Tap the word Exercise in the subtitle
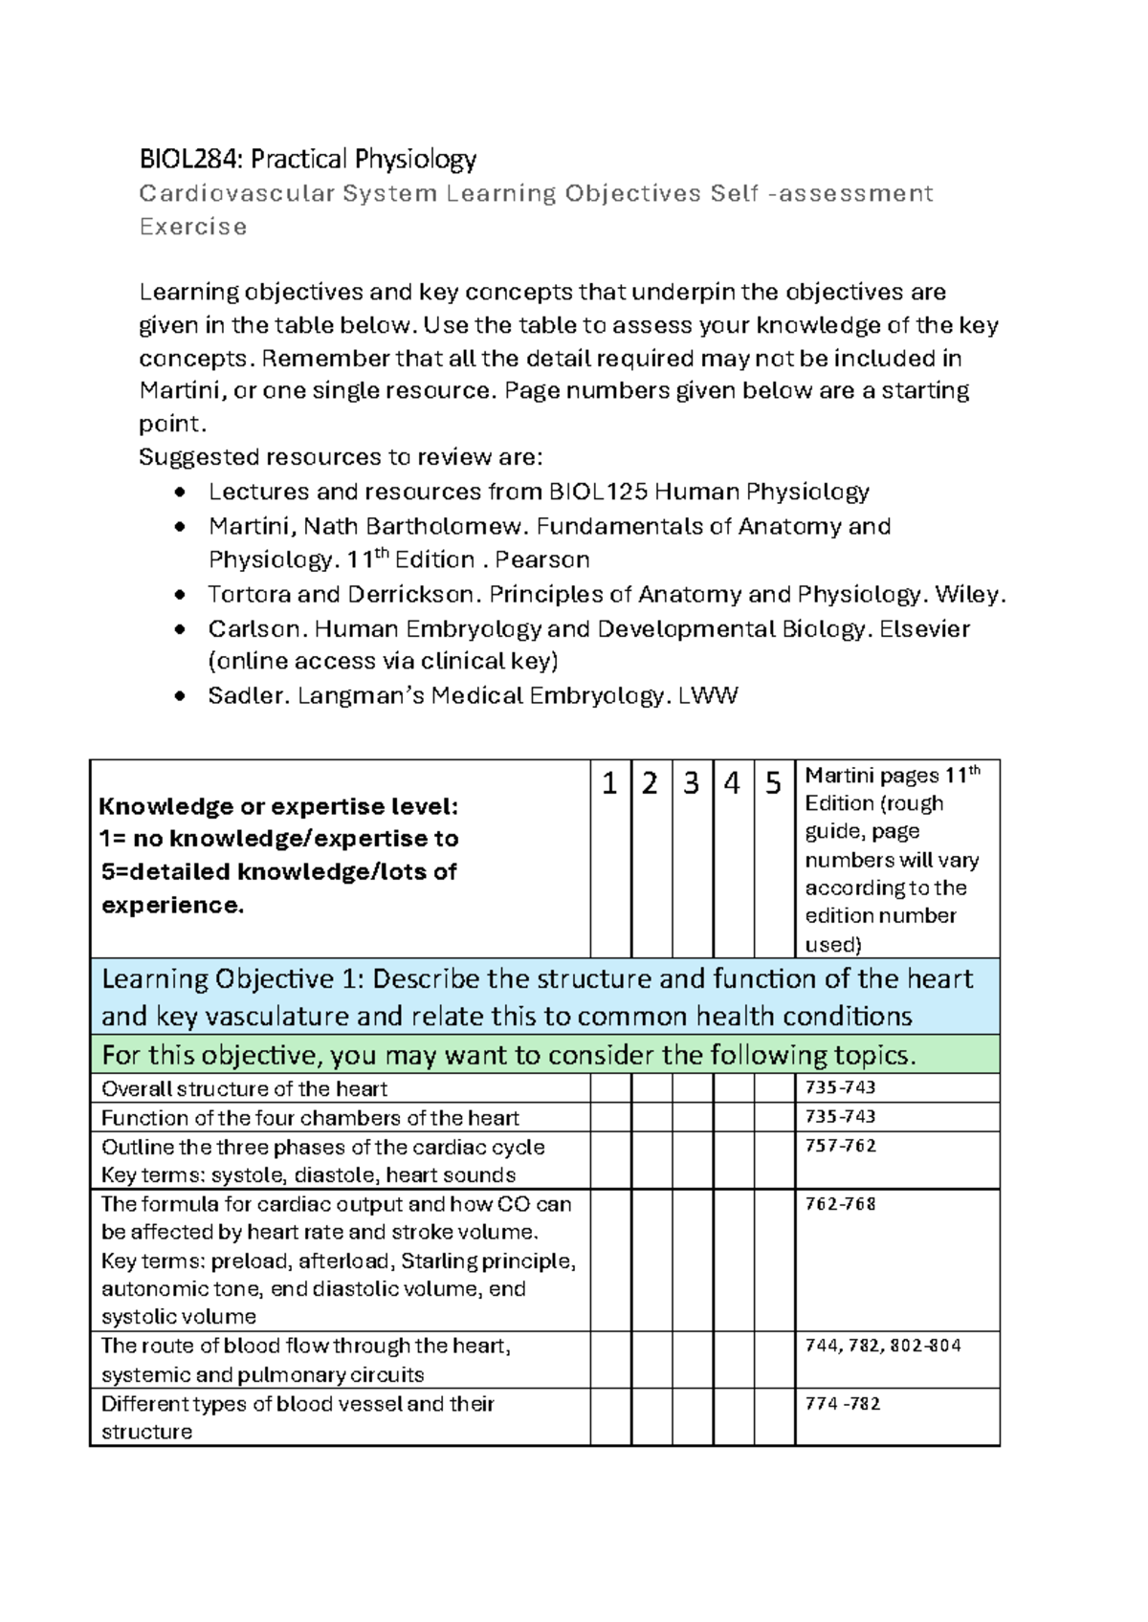pos(193,228)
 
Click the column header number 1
pos(609,784)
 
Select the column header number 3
pos(692,784)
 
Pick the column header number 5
pos(773,784)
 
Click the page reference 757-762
pos(841,1146)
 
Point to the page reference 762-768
pos(841,1204)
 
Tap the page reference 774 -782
pos(843,1404)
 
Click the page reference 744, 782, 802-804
pos(883,1346)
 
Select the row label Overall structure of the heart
pos(244,1089)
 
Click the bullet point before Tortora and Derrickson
pos(179,595)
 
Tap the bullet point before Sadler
pos(179,696)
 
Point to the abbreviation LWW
pos(708,696)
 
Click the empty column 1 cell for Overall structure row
pos(610,1088)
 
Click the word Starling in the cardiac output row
pos(439,1261)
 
